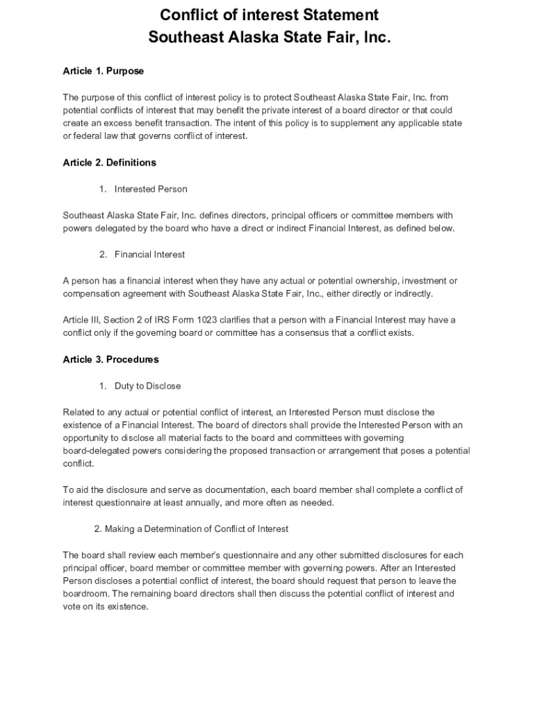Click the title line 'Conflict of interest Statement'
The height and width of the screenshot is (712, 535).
click(x=270, y=15)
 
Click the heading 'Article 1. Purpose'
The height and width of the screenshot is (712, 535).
click(x=103, y=71)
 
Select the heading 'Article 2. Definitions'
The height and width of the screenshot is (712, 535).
click(x=109, y=163)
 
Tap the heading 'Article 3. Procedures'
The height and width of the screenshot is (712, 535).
click(x=110, y=359)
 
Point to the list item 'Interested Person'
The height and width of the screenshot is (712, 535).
click(x=151, y=189)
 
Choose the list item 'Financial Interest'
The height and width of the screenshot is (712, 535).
click(x=149, y=254)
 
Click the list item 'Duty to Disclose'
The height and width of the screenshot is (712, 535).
click(x=147, y=386)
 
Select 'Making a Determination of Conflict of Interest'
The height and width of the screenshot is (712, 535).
click(x=196, y=529)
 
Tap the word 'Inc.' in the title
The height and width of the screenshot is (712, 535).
click(x=374, y=38)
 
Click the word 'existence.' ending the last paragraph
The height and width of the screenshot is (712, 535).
click(x=130, y=606)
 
